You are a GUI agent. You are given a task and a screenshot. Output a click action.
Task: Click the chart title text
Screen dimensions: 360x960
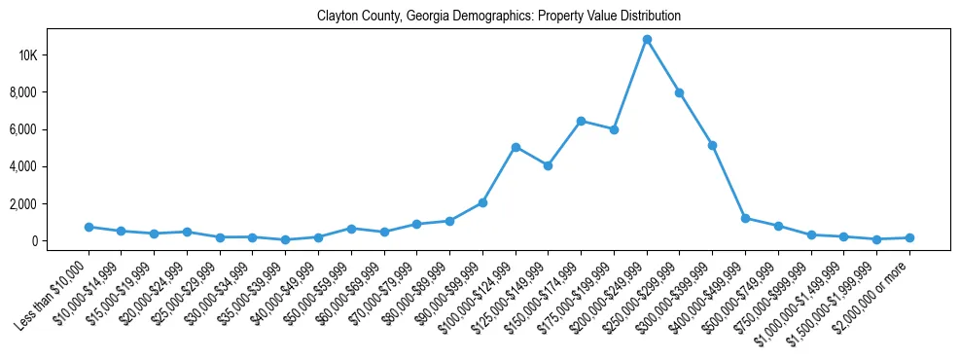click(499, 17)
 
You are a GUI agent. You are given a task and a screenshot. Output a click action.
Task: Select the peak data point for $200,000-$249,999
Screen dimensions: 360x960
click(647, 39)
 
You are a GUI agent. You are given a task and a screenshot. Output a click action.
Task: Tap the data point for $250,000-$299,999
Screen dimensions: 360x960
click(680, 92)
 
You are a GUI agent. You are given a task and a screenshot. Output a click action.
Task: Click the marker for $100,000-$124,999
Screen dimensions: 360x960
click(516, 147)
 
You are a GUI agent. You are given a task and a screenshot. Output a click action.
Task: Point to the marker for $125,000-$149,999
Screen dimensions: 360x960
click(549, 165)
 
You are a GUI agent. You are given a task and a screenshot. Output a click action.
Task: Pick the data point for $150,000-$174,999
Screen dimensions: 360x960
click(581, 121)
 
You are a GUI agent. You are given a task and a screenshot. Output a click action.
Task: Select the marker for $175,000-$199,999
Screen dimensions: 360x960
click(614, 129)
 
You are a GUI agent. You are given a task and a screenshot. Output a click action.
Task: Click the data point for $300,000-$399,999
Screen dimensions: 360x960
click(713, 145)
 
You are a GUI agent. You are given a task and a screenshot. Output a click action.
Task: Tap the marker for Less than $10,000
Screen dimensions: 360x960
click(89, 227)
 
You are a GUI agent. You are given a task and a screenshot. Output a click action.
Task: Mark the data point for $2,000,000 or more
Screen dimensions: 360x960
click(909, 237)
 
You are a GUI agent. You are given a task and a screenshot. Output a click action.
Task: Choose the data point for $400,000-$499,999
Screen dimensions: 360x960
click(745, 218)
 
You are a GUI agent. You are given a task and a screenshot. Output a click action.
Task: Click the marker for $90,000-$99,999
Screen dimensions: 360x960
click(482, 202)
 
